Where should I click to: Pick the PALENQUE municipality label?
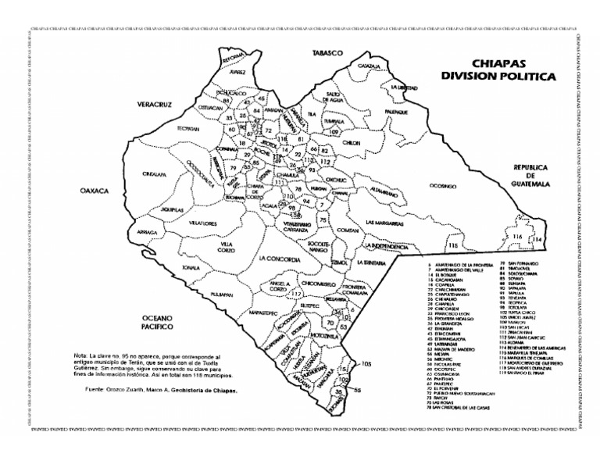pyautogui.click(x=397, y=112)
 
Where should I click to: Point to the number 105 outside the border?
pyautogui.click(x=366, y=364)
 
